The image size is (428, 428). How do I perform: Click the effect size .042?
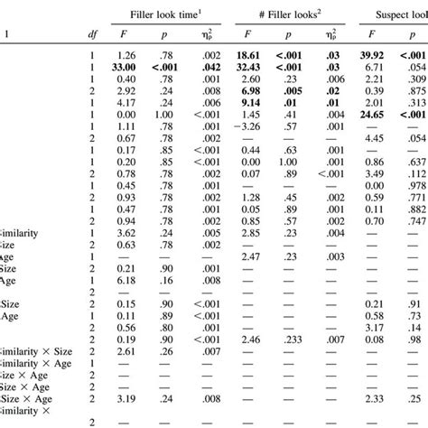pyautogui.click(x=210, y=66)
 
